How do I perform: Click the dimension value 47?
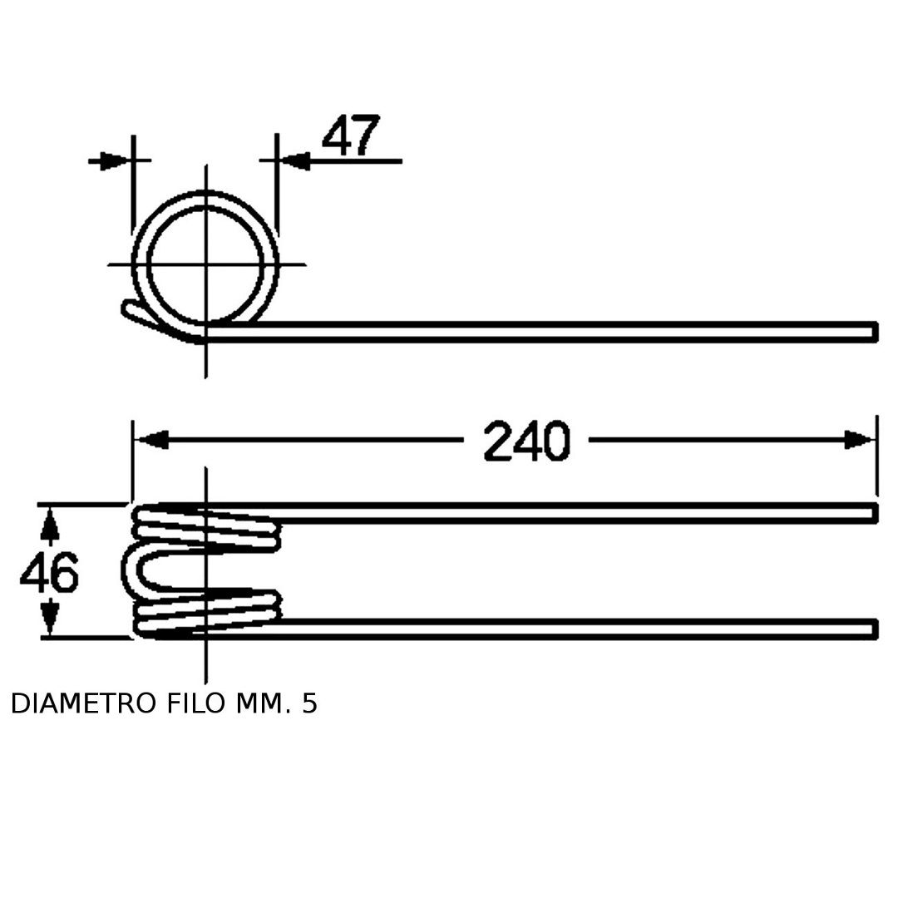point(351,136)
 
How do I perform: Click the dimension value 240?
point(527,441)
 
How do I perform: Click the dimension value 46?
point(49,572)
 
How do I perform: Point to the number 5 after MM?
point(309,703)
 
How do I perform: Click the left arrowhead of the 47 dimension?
point(115,161)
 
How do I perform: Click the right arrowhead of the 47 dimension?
point(294,161)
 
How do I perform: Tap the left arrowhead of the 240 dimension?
point(150,440)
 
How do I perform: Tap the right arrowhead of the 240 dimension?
point(860,440)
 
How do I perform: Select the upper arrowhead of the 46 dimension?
point(51,525)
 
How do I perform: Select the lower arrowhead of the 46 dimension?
point(51,616)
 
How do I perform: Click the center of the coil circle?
point(205,264)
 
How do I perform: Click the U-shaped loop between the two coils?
point(129,570)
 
